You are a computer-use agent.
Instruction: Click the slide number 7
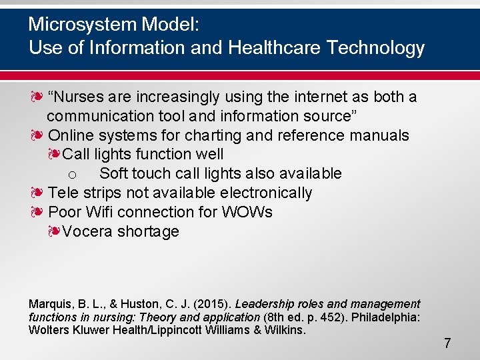point(447,344)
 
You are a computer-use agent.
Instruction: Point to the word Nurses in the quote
point(79,97)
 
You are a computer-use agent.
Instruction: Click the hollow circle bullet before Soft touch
point(74,175)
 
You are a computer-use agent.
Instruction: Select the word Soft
point(114,174)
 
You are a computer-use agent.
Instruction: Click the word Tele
point(63,193)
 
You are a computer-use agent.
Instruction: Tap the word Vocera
point(87,232)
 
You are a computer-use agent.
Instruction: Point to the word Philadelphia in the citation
point(384,317)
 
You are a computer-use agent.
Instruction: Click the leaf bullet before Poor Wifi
point(36,212)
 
